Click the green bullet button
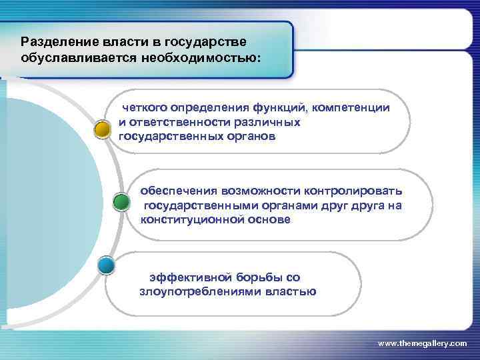[121, 202]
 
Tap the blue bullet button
[106, 266]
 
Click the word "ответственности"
[176, 122]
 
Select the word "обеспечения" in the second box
[175, 191]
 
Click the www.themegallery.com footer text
[422, 343]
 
